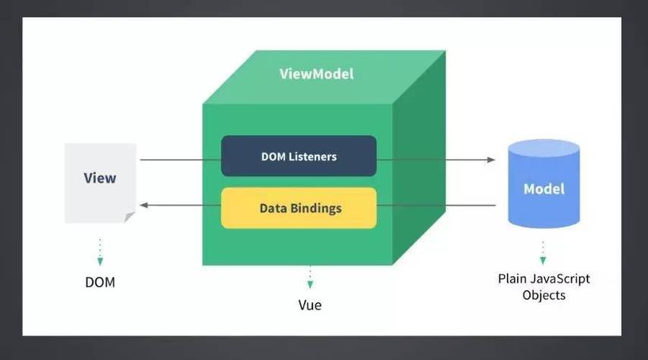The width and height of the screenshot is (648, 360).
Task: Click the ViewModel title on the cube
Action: tap(316, 74)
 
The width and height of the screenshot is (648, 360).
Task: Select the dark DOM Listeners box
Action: tap(299, 156)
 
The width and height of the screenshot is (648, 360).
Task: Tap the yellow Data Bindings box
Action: tap(299, 208)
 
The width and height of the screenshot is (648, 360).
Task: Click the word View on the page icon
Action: tap(100, 178)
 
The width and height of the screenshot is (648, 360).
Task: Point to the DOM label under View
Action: tap(100, 283)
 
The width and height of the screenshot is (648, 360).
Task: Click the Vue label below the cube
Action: tap(309, 305)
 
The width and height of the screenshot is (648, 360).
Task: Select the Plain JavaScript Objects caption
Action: tap(543, 286)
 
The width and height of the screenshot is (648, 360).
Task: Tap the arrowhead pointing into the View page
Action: tap(142, 205)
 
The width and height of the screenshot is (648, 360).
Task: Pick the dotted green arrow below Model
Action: tap(543, 252)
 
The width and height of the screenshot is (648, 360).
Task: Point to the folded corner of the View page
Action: tap(130, 218)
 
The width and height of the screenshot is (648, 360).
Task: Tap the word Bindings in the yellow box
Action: tap(316, 208)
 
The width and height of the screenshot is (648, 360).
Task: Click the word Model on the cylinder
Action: tap(543, 188)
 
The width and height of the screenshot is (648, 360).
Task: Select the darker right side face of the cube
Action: tap(418, 159)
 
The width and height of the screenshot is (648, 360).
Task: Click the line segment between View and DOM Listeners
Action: tap(180, 160)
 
